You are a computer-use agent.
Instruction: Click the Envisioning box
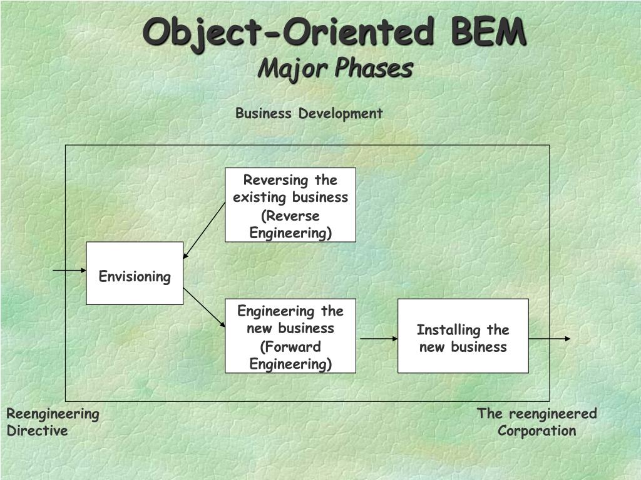pos(135,273)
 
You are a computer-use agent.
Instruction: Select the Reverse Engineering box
pos(290,205)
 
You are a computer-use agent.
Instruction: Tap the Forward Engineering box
pos(290,336)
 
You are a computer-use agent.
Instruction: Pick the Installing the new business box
pos(463,336)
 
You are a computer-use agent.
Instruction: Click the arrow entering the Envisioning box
pos(69,271)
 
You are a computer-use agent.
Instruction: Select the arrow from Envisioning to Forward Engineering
pos(204,307)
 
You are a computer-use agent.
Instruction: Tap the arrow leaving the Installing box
pos(550,339)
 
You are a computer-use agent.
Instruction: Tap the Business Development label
pos(309,113)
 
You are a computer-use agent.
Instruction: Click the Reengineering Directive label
pos(53,422)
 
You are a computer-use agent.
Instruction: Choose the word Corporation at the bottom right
pos(537,431)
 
